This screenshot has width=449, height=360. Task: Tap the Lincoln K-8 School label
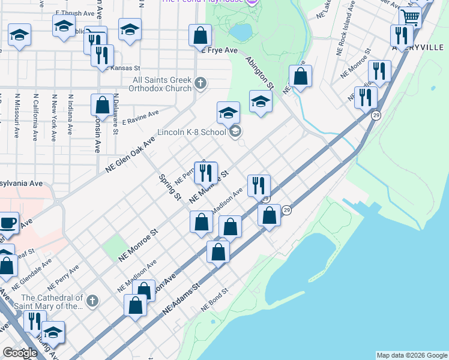point(191,132)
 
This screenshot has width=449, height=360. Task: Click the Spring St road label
point(169,187)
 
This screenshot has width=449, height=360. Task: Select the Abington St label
point(259,73)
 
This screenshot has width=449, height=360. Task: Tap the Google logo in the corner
point(20,353)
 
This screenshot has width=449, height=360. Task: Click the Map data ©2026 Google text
point(412,355)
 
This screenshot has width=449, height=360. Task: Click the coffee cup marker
point(8,223)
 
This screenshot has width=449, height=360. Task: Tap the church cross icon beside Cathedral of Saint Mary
point(92,300)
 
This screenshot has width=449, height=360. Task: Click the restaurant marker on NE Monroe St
point(206,173)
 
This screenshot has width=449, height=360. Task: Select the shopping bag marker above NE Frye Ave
point(200,35)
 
